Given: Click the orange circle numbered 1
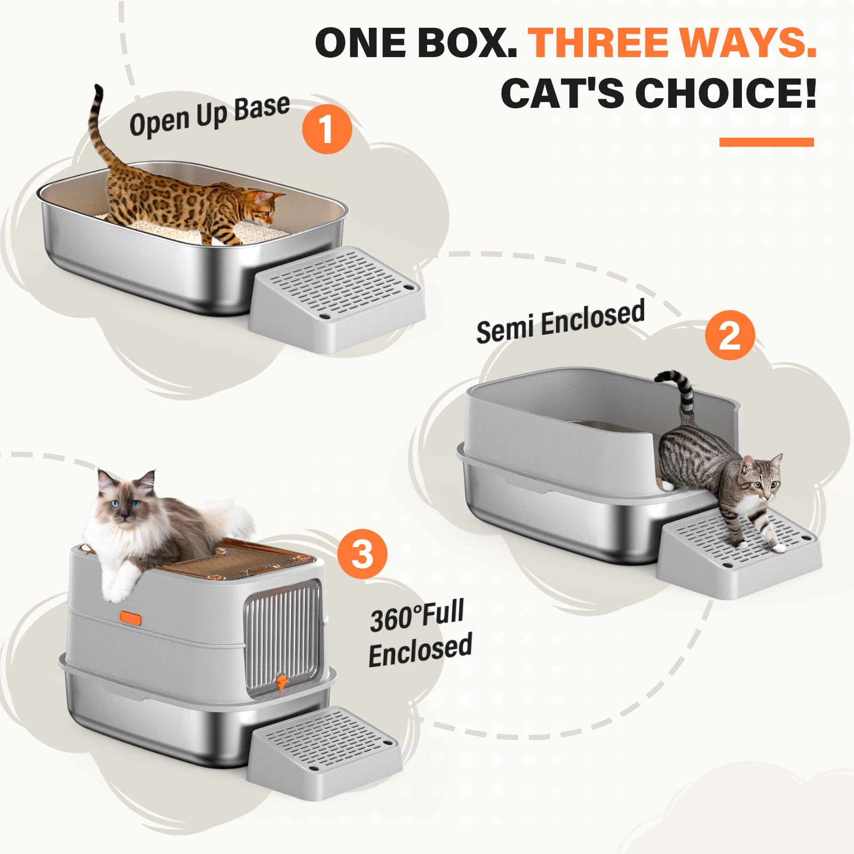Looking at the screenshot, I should click(x=327, y=129).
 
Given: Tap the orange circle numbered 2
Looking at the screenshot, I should click(x=730, y=335).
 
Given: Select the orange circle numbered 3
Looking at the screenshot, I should click(x=362, y=553).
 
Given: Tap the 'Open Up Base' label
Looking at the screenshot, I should click(x=209, y=115).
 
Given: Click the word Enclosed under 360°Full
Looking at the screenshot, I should click(x=420, y=650).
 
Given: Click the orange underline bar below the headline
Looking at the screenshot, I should click(x=766, y=142).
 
